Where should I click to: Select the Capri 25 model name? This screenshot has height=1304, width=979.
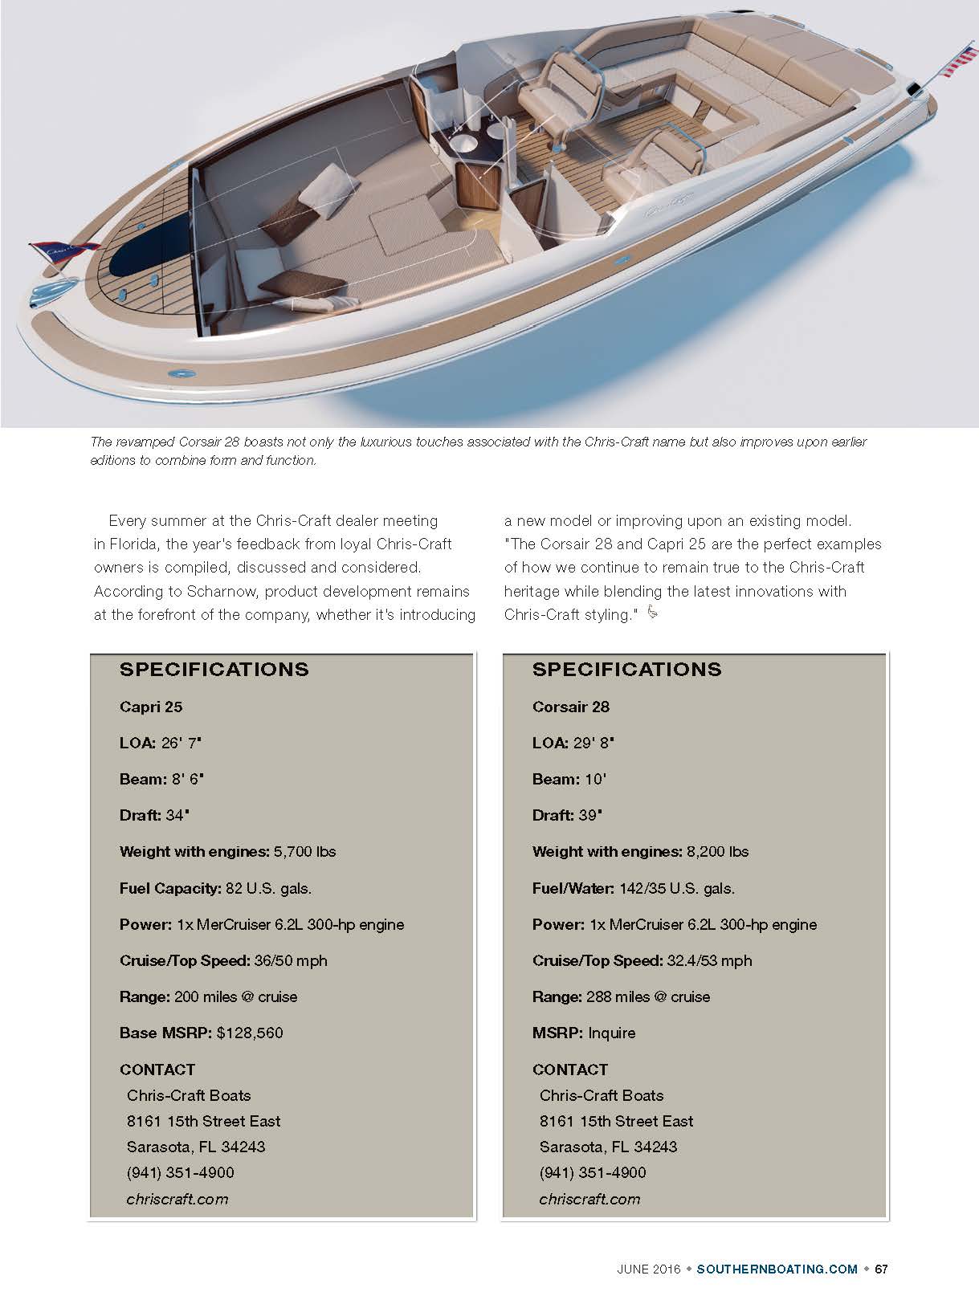click(151, 707)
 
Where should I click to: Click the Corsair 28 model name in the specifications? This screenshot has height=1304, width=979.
click(570, 707)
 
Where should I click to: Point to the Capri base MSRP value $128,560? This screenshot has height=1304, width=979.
click(250, 1033)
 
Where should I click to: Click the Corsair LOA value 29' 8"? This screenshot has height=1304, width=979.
click(594, 744)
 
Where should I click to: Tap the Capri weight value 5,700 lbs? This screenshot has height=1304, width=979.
click(304, 852)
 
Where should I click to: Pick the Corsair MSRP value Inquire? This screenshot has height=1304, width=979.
click(611, 1033)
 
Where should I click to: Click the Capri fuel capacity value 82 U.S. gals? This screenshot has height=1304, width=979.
click(268, 889)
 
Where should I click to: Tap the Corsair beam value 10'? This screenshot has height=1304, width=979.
click(596, 780)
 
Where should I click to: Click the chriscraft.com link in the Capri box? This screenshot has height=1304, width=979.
click(177, 1200)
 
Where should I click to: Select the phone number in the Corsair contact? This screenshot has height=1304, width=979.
click(592, 1173)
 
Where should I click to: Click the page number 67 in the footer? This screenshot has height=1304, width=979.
click(881, 1269)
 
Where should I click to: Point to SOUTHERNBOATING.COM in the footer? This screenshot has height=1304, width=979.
click(777, 1269)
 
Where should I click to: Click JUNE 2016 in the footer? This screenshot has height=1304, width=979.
click(648, 1269)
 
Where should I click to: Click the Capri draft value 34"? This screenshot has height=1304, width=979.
click(177, 816)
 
